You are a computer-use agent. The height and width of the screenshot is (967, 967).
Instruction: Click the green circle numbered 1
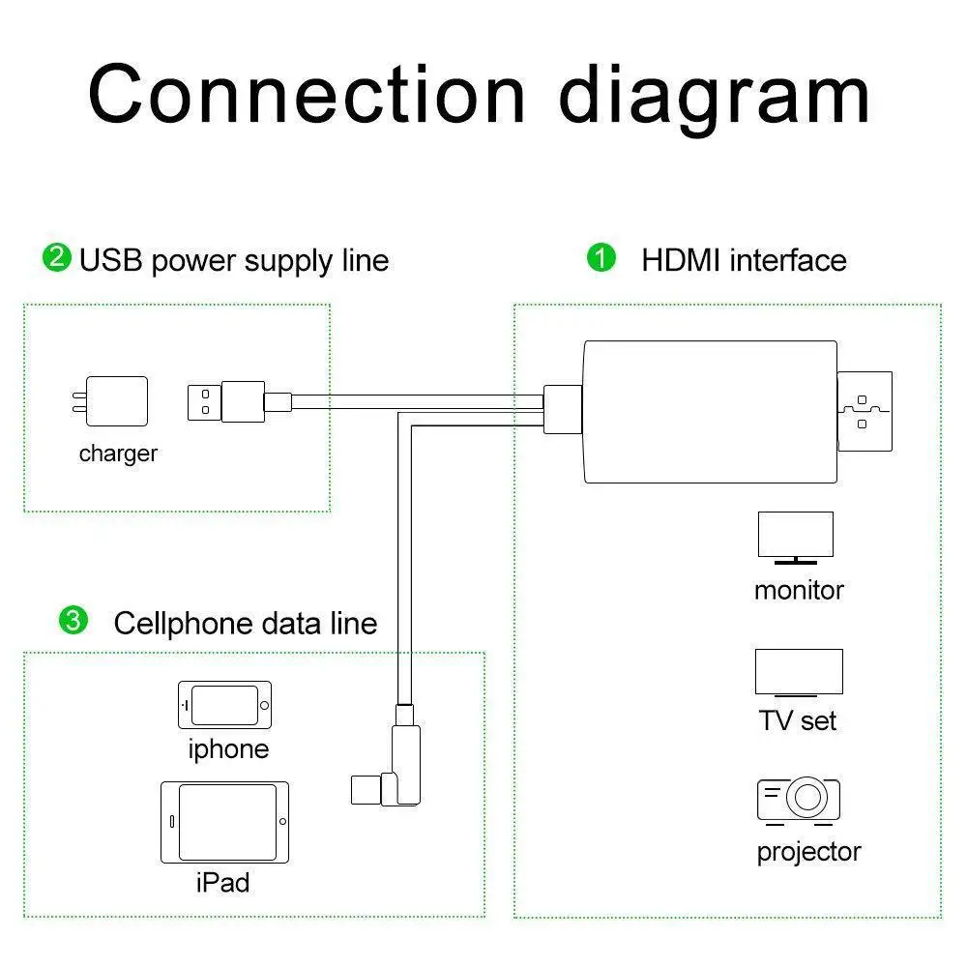tap(601, 257)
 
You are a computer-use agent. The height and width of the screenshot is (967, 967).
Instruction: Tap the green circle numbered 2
tap(57, 257)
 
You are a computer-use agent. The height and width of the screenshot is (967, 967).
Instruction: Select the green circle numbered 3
tap(73, 620)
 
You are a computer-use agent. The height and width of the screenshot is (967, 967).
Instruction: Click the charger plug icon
tap(110, 401)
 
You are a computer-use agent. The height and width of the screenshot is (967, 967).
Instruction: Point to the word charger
tap(118, 454)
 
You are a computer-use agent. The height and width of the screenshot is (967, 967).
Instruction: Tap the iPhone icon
tap(224, 705)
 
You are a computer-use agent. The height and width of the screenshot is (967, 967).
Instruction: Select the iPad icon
tap(224, 822)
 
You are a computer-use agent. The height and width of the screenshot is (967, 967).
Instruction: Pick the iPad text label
tap(222, 883)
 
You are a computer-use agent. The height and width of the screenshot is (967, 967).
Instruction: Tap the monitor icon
tap(796, 538)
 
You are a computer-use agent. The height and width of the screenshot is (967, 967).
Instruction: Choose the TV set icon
tap(799, 672)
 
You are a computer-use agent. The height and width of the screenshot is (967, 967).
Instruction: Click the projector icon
tap(799, 801)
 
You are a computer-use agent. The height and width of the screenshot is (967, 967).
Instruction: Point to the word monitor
tap(799, 590)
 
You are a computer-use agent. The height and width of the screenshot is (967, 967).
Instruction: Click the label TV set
tap(798, 720)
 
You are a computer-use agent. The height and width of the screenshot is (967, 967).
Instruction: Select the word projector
tap(808, 853)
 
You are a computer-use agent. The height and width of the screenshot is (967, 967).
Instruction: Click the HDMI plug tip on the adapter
tap(864, 411)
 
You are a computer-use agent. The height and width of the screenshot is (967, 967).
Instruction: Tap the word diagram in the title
tap(715, 99)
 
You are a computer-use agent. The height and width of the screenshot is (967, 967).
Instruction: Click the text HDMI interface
tap(744, 259)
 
